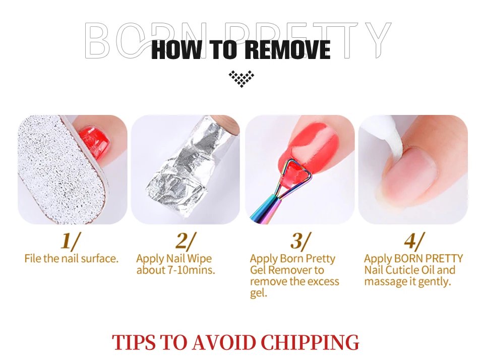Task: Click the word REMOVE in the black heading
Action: click(287, 49)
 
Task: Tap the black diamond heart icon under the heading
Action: click(242, 79)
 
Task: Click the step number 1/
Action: click(71, 241)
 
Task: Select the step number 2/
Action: click(185, 241)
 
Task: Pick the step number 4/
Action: click(414, 241)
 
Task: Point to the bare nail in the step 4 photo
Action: click(412, 169)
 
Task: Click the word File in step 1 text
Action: click(33, 259)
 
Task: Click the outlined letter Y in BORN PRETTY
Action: click(377, 40)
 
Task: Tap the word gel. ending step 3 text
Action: click(259, 293)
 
